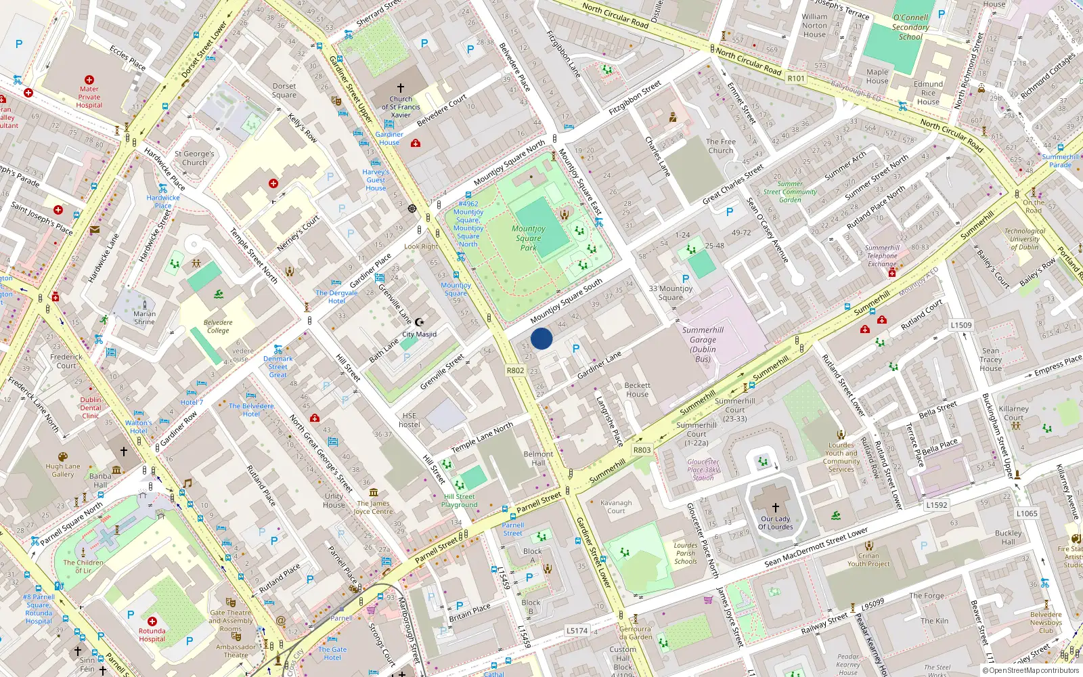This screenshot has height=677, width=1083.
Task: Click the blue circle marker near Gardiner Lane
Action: [x=541, y=338]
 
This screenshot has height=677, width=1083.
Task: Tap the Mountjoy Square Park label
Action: [x=529, y=238]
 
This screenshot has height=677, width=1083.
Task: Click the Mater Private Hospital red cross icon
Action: [x=89, y=80]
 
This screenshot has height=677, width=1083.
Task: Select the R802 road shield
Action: [x=515, y=370]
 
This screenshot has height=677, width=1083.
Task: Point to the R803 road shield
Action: [x=642, y=450]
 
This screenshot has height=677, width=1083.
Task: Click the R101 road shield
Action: [x=796, y=79]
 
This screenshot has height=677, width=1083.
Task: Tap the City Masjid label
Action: [x=420, y=334]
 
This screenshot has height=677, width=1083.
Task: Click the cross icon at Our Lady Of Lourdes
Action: [x=776, y=507]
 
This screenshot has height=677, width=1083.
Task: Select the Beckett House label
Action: [x=637, y=389]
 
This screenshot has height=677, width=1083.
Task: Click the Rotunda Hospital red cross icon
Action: [x=152, y=621]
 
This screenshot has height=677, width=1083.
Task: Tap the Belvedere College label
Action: [x=218, y=326]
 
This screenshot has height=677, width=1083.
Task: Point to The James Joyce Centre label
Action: [x=374, y=507]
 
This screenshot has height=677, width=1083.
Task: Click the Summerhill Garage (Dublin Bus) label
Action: [x=703, y=345]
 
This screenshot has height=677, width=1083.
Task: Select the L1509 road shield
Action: [x=960, y=325]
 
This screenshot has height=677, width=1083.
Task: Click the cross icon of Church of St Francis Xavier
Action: [x=401, y=88]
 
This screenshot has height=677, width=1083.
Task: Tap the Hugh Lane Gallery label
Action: [x=63, y=470]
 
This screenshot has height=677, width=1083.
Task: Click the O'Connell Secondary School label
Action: [x=910, y=27]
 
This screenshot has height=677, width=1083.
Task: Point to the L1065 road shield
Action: [x=1026, y=513]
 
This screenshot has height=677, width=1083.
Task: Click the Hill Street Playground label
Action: [x=459, y=500]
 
